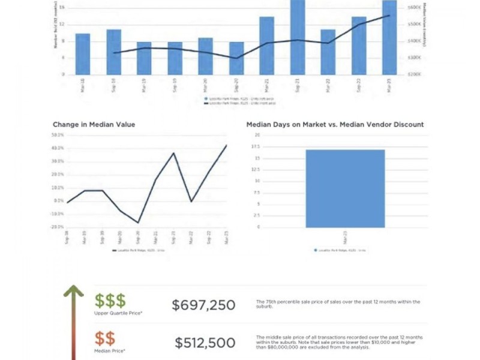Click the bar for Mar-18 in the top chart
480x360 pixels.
83,54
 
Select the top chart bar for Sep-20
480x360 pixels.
236,58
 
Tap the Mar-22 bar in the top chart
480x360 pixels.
328,52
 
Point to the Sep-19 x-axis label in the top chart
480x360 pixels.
175,83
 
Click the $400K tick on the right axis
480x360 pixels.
415,41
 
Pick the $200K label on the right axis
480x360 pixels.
415,74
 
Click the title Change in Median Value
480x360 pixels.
94,125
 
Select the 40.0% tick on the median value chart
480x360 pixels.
58,148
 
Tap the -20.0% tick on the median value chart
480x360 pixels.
58,227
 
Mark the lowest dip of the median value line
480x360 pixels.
138,223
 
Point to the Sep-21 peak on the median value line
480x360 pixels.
174,153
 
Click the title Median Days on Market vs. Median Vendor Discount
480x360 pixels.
335,125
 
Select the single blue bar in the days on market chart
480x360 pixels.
345,188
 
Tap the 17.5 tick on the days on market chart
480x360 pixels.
256,158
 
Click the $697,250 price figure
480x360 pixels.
203,305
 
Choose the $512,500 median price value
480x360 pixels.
205,343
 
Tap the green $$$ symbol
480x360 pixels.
110,301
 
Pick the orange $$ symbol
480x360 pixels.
104,338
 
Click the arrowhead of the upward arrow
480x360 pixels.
74,292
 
